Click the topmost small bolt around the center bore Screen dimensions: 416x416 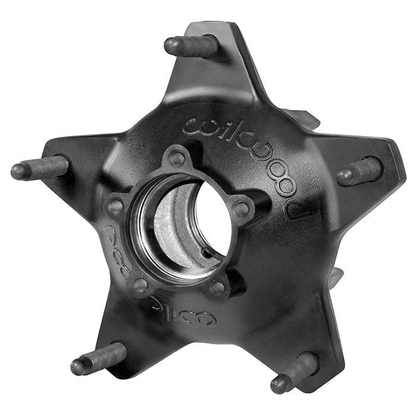[x=177, y=158]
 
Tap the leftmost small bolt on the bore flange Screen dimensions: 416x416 [x=115, y=206]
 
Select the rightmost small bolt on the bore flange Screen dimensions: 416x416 [x=241, y=209]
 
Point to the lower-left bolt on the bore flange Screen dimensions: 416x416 [x=141, y=284]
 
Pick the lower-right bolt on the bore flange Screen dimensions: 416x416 [x=218, y=287]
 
